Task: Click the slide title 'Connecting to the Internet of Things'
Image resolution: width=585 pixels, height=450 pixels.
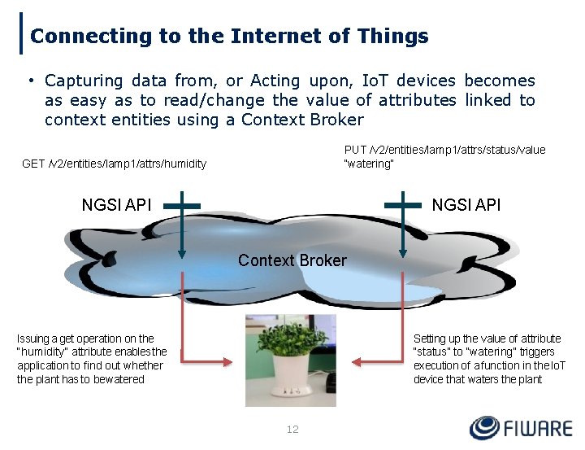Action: (x=229, y=37)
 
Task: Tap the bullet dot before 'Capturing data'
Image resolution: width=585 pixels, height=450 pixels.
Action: (x=29, y=81)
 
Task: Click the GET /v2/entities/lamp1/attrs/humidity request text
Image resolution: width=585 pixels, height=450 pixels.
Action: (x=114, y=164)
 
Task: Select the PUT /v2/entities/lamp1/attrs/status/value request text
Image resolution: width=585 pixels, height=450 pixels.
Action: (x=444, y=150)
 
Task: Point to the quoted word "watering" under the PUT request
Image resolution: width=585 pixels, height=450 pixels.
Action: (x=369, y=164)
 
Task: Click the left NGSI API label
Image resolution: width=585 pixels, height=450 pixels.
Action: (x=116, y=205)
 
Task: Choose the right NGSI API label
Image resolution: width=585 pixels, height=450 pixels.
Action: (x=466, y=205)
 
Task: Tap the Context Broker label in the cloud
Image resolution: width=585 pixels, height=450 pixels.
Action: (x=292, y=260)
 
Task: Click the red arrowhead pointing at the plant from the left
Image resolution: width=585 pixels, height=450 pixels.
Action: (x=236, y=360)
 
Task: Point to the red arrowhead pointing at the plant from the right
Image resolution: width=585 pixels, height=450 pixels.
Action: (x=354, y=360)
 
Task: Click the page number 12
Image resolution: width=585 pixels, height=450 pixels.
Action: (x=292, y=429)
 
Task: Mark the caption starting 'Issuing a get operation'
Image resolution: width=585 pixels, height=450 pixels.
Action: (x=92, y=359)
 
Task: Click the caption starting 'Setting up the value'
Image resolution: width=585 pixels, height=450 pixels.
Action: (x=489, y=359)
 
